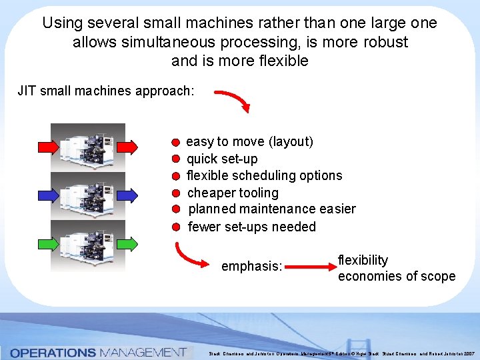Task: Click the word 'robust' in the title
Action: (385, 42)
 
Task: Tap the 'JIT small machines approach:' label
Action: (106, 90)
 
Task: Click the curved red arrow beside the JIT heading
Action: (233, 101)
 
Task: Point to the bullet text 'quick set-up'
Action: (222, 159)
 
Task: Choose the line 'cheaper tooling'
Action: (233, 193)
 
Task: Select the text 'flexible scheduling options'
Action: (264, 175)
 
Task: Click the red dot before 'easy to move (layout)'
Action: (175, 143)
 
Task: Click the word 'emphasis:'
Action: (252, 267)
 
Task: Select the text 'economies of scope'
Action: (397, 276)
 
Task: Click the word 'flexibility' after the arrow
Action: (363, 260)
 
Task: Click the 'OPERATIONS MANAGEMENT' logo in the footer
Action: (98, 352)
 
